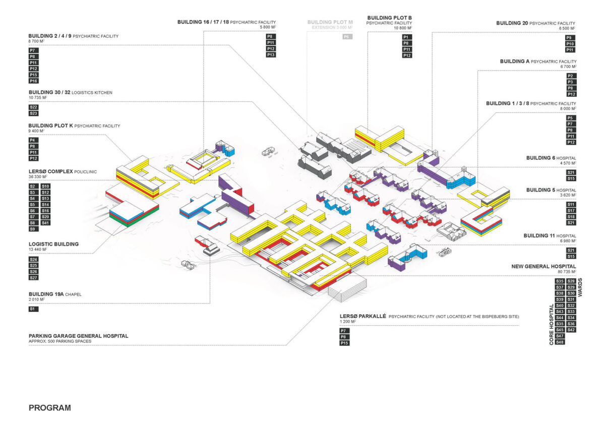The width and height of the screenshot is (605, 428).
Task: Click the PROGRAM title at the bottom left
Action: click(50, 408)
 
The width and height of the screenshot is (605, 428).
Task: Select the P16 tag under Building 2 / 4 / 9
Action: click(33, 81)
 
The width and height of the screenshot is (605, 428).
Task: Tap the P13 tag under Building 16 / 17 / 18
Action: click(271, 54)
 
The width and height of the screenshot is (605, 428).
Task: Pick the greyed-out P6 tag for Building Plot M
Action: click(347, 37)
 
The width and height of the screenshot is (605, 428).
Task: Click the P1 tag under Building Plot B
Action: click(406, 37)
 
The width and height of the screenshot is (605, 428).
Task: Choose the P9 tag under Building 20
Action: click(570, 38)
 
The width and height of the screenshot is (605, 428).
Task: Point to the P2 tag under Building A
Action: click(571, 76)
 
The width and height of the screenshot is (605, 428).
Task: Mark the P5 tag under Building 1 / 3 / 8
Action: click(571, 118)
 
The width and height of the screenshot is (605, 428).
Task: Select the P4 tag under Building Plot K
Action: click(33, 140)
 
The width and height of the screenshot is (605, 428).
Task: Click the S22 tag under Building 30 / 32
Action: click(34, 107)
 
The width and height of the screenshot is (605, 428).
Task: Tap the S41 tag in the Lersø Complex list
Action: click(45, 223)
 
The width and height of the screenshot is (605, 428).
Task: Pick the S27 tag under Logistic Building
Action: click(34, 277)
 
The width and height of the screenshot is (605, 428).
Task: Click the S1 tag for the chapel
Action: click(33, 309)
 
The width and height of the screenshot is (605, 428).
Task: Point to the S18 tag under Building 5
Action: click(571, 216)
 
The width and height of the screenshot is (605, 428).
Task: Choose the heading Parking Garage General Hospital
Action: click(79, 336)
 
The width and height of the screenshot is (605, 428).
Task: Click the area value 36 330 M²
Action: click(39, 177)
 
